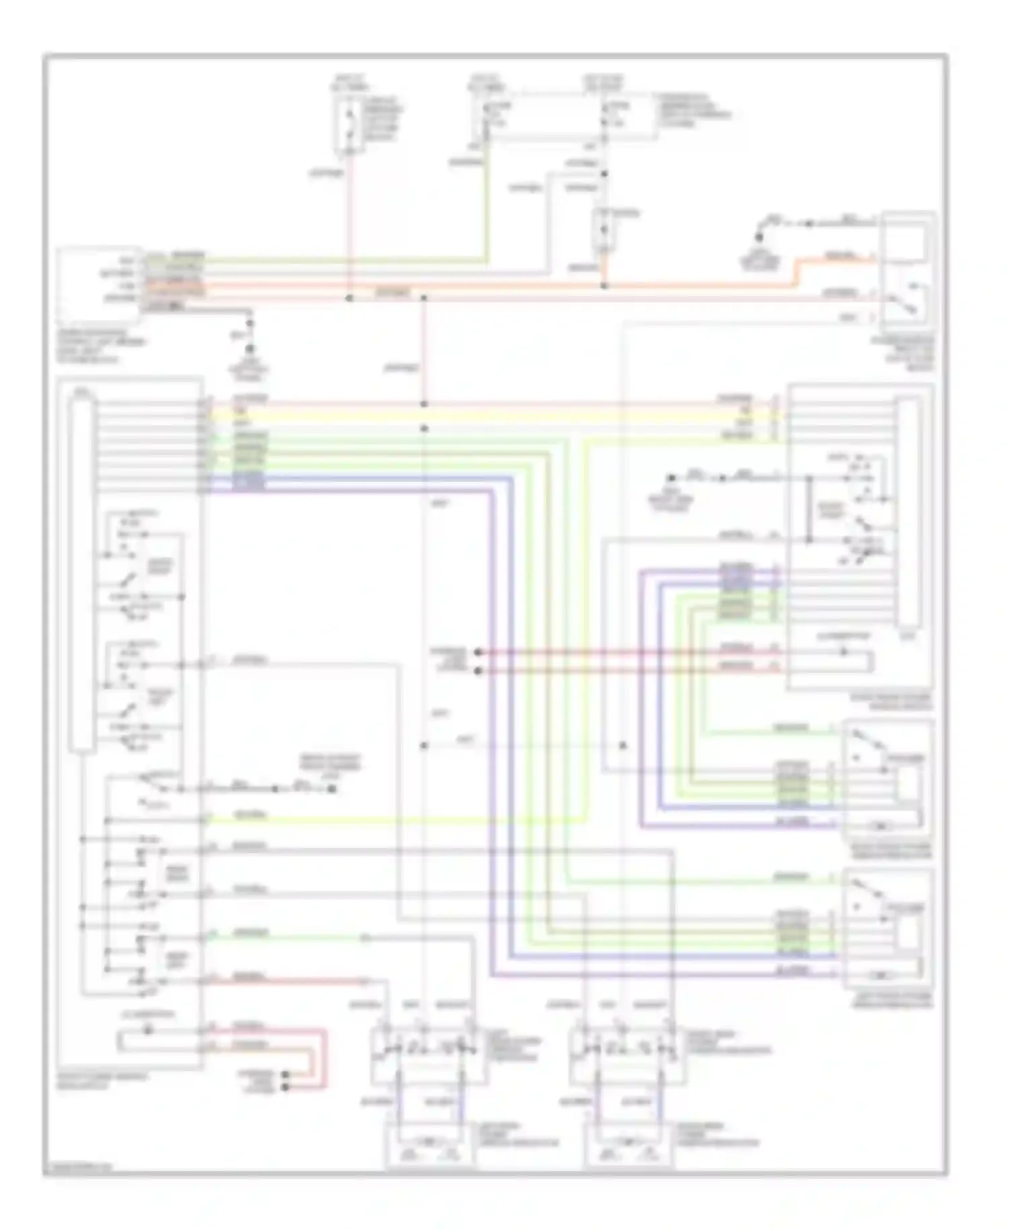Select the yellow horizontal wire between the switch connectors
tap(504, 417)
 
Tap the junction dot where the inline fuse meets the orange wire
tap(604, 286)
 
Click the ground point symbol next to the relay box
tap(759, 238)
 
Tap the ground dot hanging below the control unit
tap(250, 349)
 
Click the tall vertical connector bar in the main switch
tap(83, 575)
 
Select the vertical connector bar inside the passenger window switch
tap(908, 511)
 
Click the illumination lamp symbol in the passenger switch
tap(844, 651)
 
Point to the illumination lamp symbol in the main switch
tap(149, 1030)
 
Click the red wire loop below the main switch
tap(323, 1056)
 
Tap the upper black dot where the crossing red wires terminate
tap(478, 651)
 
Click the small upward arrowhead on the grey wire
tap(623, 746)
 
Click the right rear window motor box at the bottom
tap(629, 1144)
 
